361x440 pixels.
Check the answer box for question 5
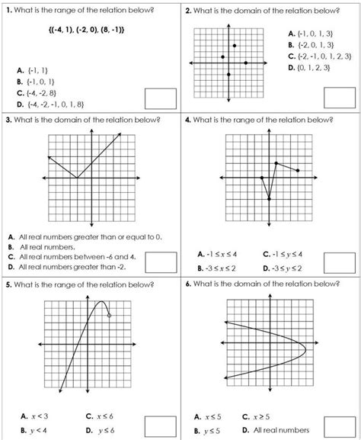[159, 423]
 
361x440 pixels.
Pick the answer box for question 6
[339, 423]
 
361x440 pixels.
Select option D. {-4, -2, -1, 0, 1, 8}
[50, 104]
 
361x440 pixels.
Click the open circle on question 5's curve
[110, 315]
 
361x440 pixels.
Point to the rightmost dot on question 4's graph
[298, 171]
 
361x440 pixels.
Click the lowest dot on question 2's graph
[228, 74]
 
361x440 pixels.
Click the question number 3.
[7, 120]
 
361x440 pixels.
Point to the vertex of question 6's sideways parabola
[305, 349]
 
